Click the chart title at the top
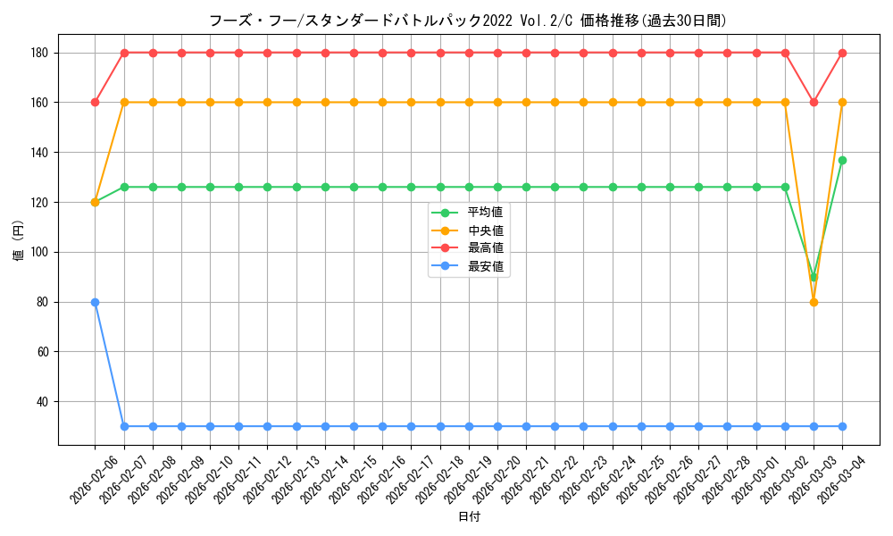(x=467, y=21)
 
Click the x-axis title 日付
(x=469, y=517)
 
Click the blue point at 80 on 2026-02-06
(x=95, y=302)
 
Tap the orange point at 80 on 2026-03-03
(x=814, y=302)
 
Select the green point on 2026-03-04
(x=842, y=160)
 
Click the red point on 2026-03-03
(x=814, y=102)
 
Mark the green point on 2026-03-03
(x=814, y=277)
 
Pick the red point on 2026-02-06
(x=95, y=102)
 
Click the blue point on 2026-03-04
(x=842, y=426)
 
